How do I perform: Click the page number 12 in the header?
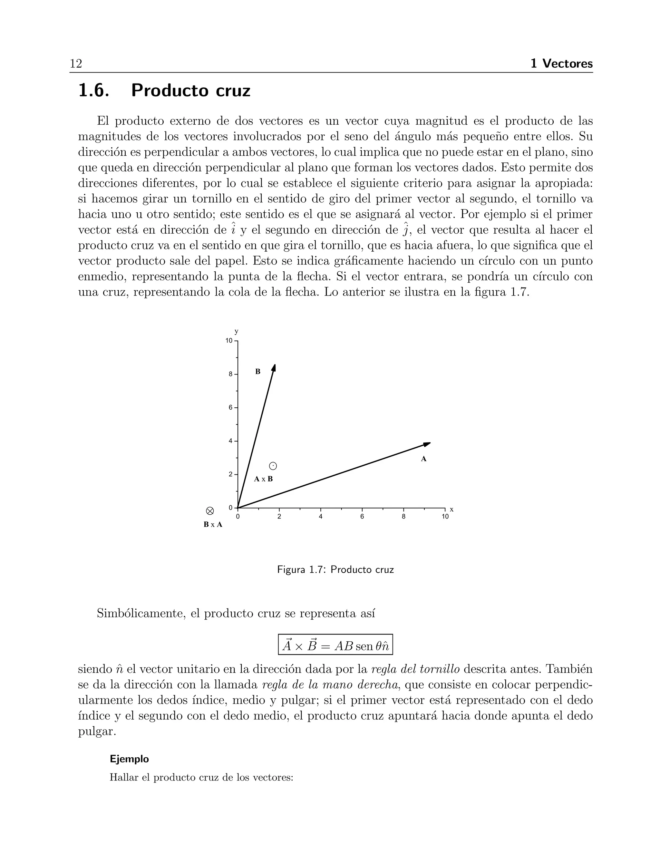76,63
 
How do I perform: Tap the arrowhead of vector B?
274,368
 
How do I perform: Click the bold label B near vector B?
258,372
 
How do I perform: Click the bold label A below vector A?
423,459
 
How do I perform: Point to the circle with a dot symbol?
273,466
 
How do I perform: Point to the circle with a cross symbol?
210,511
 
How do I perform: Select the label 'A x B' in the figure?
263,479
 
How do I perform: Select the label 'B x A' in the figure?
213,525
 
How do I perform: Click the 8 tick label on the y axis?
231,374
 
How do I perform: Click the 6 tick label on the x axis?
362,517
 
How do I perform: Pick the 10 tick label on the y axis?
229,341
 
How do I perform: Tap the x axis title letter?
451,509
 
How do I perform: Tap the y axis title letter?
236,332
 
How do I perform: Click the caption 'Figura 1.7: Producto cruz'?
335,570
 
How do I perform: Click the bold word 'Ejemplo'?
129,759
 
